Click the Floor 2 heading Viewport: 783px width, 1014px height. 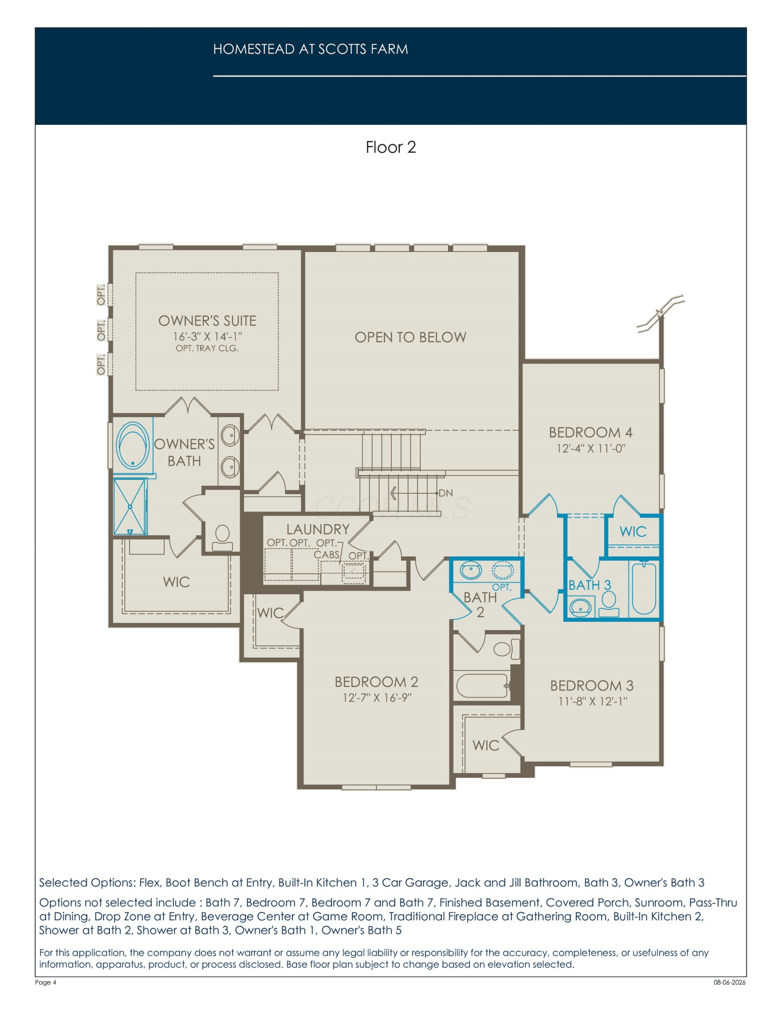[391, 147]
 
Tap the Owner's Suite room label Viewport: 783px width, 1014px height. [207, 321]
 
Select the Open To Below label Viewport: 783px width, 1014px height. [411, 337]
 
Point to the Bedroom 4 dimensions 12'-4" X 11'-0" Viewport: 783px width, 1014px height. [591, 448]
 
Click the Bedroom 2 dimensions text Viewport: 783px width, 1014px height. [377, 698]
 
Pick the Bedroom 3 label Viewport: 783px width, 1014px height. [592, 685]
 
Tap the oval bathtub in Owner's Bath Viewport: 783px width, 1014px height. [133, 445]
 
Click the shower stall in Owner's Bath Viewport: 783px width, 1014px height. [130, 506]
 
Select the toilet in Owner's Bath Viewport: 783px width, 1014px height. [222, 538]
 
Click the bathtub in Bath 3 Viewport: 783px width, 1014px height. [644, 589]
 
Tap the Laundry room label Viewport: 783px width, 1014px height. [318, 529]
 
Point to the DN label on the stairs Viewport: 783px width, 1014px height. [445, 493]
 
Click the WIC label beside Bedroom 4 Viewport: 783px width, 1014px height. [633, 531]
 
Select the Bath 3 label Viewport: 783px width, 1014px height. [589, 585]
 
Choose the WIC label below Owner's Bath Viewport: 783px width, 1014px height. [176, 582]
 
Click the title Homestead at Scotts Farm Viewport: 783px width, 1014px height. [311, 49]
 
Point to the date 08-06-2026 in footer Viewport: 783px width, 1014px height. [729, 982]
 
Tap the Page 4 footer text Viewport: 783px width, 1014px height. [46, 982]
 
